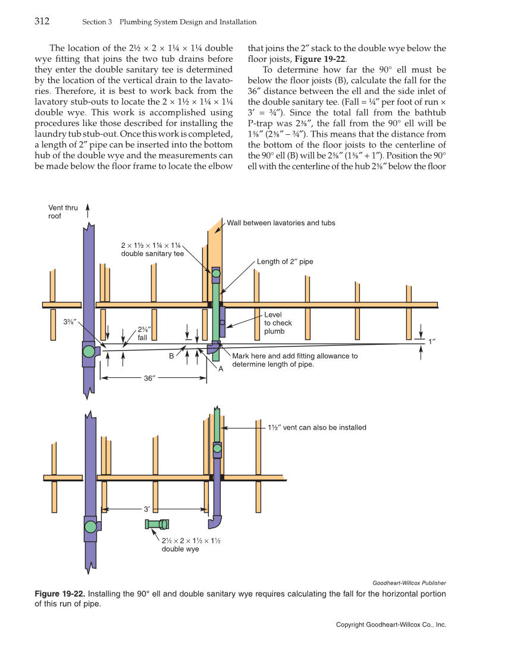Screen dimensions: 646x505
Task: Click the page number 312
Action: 41,22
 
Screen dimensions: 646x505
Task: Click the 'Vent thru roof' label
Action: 63,212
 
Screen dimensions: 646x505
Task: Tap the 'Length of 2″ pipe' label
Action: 284,261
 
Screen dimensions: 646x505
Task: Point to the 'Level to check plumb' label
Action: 278,323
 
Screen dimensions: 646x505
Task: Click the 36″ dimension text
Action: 150,377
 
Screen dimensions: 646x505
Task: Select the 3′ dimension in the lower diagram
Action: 147,509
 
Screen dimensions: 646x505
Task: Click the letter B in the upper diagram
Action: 171,356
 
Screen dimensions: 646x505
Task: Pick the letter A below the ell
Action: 220,369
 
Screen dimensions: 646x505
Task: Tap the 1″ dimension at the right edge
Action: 432,341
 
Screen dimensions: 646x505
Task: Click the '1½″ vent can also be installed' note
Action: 316,427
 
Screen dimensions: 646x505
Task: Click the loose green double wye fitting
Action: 158,524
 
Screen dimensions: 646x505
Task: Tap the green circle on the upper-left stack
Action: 89,351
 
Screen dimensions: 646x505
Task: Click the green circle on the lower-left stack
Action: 90,526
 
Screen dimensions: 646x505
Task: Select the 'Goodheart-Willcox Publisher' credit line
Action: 409,583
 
